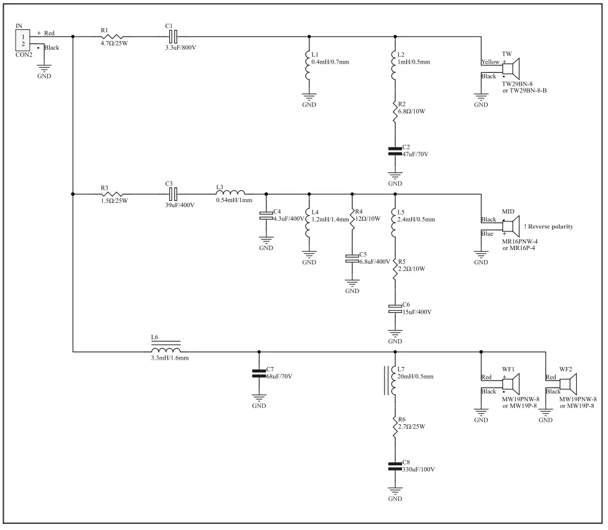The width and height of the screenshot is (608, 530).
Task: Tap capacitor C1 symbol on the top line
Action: click(174, 37)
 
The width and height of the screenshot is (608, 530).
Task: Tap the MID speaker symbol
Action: click(513, 225)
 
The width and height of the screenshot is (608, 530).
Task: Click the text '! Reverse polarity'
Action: click(548, 226)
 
